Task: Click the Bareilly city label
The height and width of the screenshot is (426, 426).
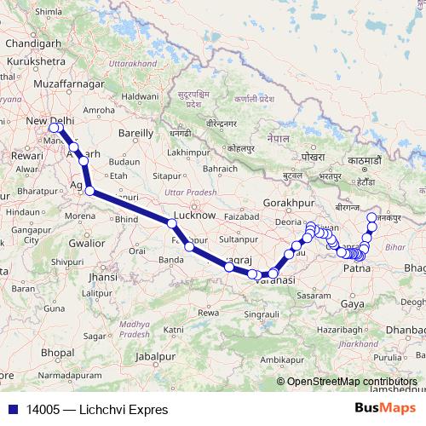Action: tap(135, 134)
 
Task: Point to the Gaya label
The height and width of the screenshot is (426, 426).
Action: tap(351, 302)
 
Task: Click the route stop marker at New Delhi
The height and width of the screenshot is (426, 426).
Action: tap(55, 128)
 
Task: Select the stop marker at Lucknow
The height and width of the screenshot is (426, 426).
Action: tap(173, 223)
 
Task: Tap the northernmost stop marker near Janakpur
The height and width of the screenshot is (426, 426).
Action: tap(371, 217)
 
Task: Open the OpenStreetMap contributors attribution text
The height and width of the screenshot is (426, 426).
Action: tap(353, 383)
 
